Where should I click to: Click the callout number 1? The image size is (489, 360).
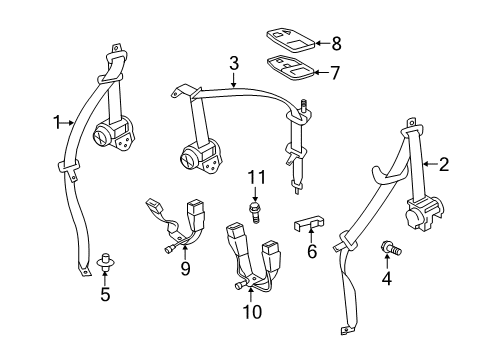[x=56, y=123]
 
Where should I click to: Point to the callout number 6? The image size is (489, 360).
[x=311, y=251]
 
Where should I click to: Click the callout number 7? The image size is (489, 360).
[x=335, y=73]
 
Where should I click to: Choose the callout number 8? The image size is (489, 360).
[x=335, y=43]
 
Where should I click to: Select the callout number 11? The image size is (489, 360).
[x=254, y=177]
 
